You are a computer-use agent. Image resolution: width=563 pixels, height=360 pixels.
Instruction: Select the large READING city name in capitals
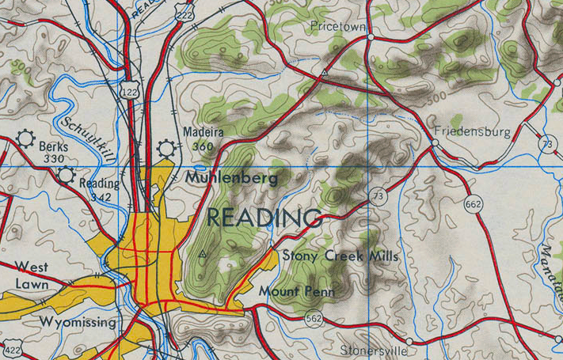click(264, 218)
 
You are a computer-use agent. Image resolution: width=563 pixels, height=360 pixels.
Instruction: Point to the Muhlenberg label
click(231, 179)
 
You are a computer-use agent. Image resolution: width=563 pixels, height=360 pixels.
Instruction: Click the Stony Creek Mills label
click(340, 256)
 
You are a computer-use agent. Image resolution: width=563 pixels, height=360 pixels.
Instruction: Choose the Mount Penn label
click(297, 292)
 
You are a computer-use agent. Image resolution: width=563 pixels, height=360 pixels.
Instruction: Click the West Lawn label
click(32, 275)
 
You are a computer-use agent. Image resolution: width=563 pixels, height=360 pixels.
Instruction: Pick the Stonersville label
click(373, 349)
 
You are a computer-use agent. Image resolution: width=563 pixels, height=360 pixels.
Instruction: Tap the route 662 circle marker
click(474, 204)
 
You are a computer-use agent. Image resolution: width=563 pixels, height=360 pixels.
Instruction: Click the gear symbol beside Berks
click(26, 141)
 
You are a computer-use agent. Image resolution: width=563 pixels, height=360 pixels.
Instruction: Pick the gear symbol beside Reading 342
click(66, 176)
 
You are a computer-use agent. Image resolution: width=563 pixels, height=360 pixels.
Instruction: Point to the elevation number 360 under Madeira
click(203, 146)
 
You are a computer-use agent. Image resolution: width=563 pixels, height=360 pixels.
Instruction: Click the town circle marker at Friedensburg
click(435, 142)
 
